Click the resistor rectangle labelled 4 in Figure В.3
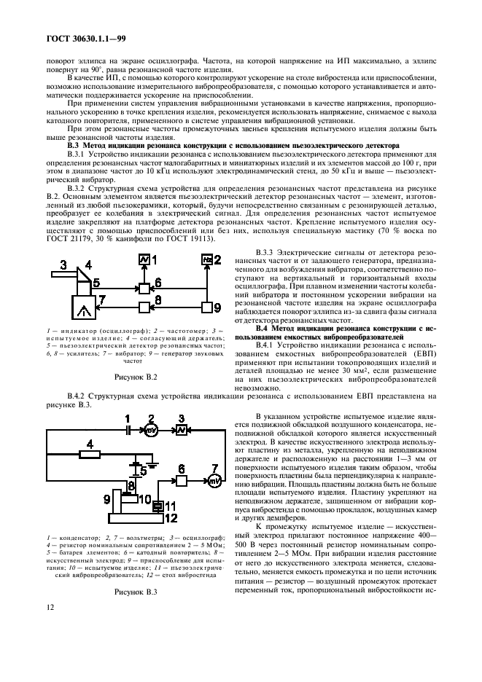(88, 454)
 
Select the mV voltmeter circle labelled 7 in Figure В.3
(214, 481)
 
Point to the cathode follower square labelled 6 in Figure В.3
(179, 481)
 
